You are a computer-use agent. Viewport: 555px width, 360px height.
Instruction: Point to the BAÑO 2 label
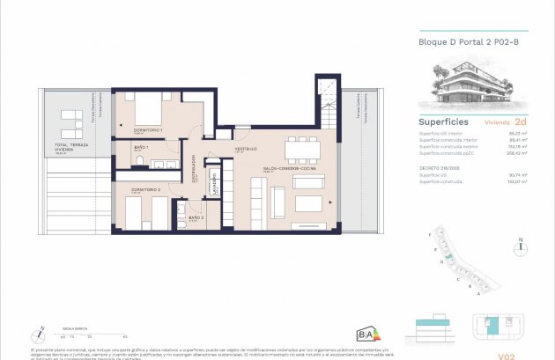(196, 217)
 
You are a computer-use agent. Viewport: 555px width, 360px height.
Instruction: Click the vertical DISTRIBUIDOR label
(194, 167)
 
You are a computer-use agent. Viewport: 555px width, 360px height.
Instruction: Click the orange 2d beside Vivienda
(521, 121)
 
